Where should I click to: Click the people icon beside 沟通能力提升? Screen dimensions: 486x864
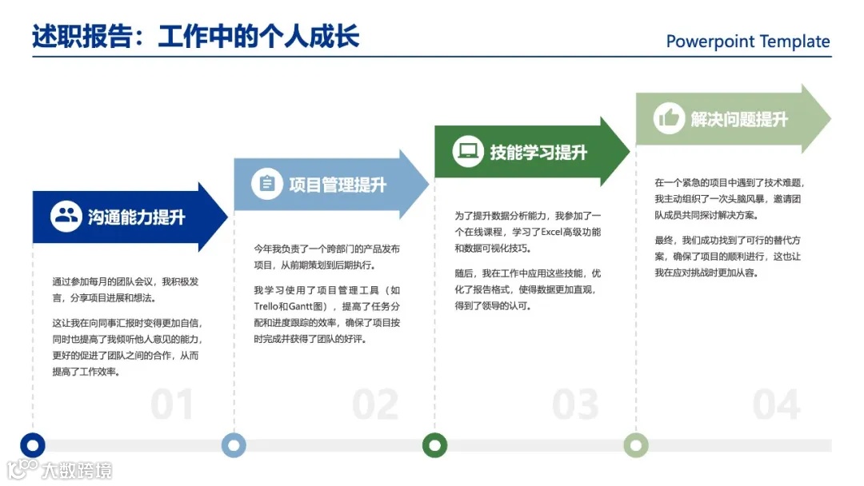pos(66,217)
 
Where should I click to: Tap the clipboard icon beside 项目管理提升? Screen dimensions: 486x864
pos(267,184)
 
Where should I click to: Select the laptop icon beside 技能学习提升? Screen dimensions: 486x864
pos(468,151)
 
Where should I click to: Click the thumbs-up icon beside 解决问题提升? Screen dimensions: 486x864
pos(668,118)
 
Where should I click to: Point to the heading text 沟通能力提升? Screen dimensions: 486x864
pos(137,217)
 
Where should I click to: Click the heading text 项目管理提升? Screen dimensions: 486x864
pos(338,185)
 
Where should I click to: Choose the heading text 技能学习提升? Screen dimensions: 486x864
pos(538,152)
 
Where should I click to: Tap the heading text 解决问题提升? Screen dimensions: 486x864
pos(739,119)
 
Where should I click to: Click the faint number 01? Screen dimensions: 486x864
pos(172,405)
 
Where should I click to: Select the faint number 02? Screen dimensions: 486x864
pos(374,405)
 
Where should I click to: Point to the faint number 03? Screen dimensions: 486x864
pos(575,405)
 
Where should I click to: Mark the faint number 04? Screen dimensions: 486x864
pos(776,405)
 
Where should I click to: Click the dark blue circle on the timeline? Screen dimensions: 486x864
pos(33,445)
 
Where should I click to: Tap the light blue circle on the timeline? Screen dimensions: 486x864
pos(234,445)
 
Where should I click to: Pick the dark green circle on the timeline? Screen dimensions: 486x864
pos(434,445)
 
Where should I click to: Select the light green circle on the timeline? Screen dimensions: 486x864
pos(636,445)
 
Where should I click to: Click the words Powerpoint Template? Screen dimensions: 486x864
pos(748,42)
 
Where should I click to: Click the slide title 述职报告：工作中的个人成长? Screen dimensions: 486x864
pos(196,36)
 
